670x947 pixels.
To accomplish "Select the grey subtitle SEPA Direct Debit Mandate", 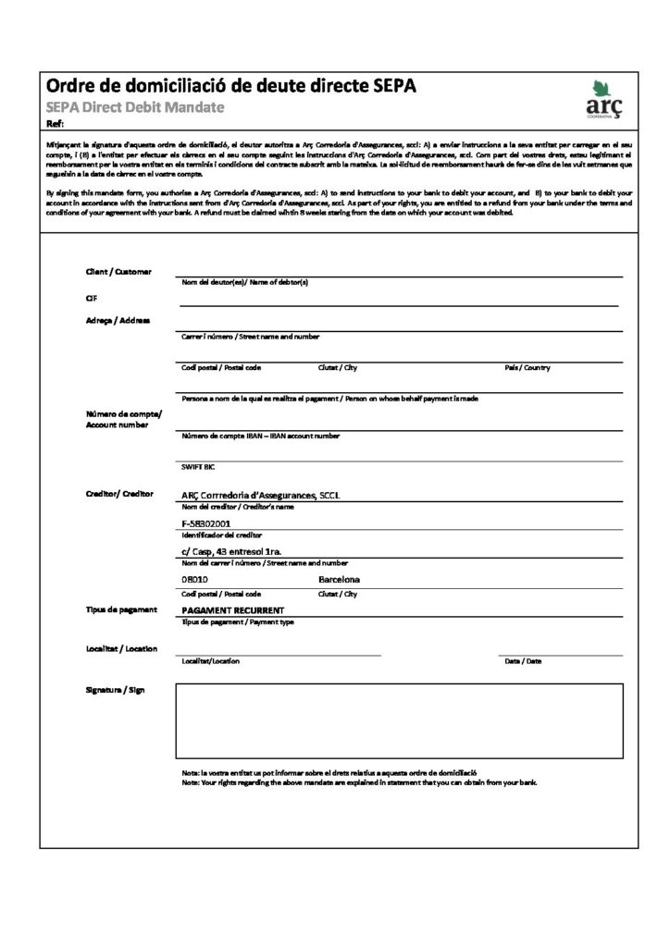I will [x=135, y=108].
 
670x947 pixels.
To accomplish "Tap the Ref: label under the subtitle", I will [x=55, y=124].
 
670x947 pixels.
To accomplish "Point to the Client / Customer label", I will [x=118, y=271].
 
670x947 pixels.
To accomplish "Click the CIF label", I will [x=91, y=299].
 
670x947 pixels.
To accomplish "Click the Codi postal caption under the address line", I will [x=221, y=368].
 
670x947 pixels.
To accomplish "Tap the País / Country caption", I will [x=527, y=368].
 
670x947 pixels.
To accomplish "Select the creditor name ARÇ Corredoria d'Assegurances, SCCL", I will [x=262, y=495].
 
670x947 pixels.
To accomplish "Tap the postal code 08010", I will [x=195, y=580].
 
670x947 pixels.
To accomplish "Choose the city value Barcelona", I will [x=339, y=580].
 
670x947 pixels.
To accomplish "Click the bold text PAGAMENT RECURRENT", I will [x=232, y=610].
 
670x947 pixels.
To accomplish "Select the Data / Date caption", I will [x=523, y=661].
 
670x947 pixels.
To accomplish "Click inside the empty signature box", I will [x=398, y=721].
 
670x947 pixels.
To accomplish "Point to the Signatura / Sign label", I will [x=115, y=690].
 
